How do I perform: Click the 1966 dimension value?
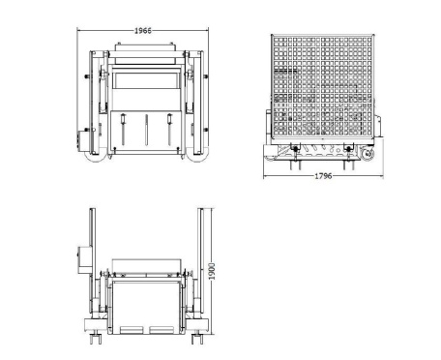pyautogui.click(x=142, y=31)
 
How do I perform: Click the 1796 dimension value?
pyautogui.click(x=323, y=176)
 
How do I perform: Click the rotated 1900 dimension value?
pyautogui.click(x=212, y=271)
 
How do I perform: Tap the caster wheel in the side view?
pyautogui.click(x=367, y=154)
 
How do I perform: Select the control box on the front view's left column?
pyautogui.click(x=85, y=259)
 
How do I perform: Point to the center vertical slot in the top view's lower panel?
pyautogui.click(x=146, y=130)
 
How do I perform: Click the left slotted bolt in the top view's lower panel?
pyautogui.click(x=123, y=130)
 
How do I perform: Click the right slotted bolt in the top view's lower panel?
pyautogui.click(x=169, y=130)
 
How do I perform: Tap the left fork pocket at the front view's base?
pyautogui.click(x=132, y=330)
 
